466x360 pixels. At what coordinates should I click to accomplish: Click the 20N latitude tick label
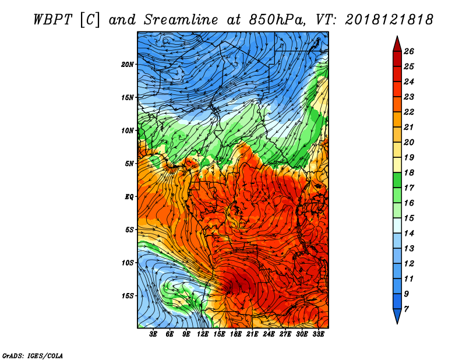(128, 65)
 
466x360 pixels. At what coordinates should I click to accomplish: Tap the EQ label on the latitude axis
(129, 197)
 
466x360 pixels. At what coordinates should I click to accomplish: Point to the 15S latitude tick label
(128, 296)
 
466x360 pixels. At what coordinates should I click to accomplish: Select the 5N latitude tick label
(129, 164)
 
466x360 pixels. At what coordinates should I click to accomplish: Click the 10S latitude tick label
(128, 263)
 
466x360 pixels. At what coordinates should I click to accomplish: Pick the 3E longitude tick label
(153, 334)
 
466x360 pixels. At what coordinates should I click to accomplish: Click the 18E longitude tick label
(236, 334)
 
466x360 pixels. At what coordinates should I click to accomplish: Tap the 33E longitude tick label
(318, 334)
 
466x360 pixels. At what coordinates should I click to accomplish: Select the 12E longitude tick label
(203, 334)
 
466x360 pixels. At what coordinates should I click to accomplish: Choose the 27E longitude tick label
(285, 334)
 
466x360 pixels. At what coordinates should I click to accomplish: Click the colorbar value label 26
(409, 51)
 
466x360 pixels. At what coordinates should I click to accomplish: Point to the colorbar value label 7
(407, 309)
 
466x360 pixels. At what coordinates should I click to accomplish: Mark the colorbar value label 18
(409, 172)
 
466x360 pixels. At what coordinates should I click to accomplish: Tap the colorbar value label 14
(409, 234)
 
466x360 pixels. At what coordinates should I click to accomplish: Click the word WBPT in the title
(52, 20)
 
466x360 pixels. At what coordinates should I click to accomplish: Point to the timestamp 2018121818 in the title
(389, 20)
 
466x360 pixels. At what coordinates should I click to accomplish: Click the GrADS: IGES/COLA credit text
(33, 356)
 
